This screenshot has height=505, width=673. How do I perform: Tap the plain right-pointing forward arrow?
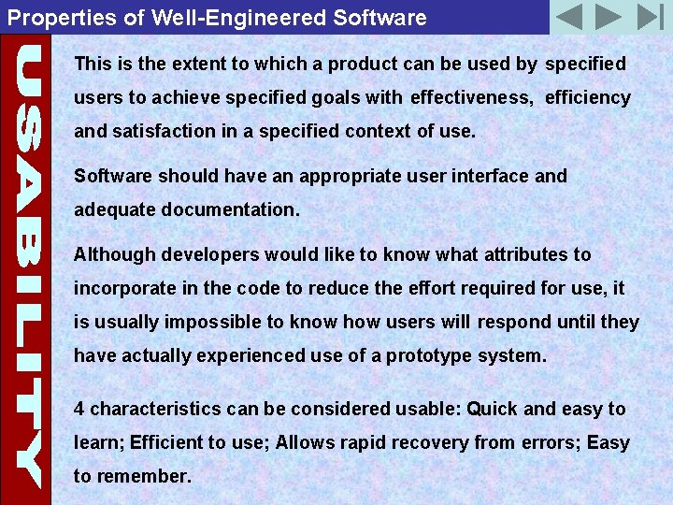(609, 17)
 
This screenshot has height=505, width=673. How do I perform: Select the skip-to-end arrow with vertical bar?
(649, 17)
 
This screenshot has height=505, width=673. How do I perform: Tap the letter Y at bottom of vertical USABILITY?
(25, 463)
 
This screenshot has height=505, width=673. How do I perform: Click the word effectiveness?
(471, 97)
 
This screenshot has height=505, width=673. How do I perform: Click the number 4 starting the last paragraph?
(79, 409)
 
